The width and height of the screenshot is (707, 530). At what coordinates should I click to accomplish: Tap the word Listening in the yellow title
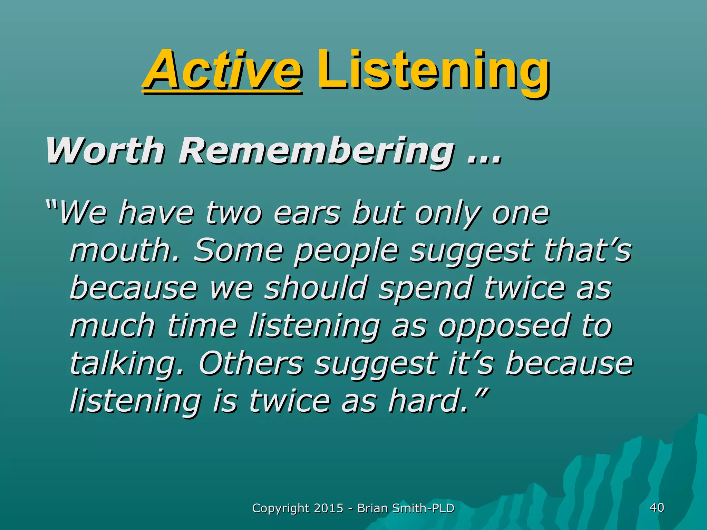(433, 71)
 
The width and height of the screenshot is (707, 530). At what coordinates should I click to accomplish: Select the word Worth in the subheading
(105, 151)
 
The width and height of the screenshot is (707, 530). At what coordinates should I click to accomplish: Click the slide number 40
(657, 508)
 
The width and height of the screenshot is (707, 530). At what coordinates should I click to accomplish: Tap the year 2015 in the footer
(329, 508)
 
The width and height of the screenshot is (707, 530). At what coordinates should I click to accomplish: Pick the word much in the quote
(112, 326)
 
